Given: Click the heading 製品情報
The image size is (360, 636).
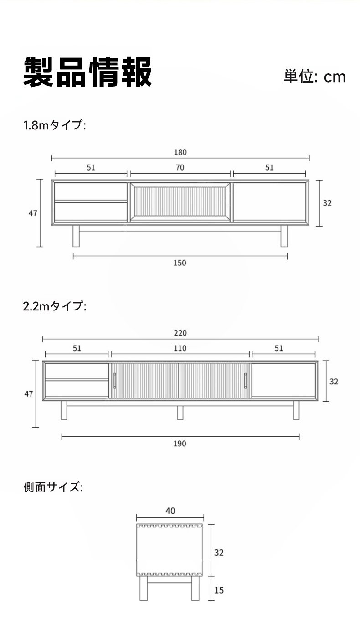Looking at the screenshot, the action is click(87, 72).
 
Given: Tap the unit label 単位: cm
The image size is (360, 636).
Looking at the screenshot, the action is click(314, 77).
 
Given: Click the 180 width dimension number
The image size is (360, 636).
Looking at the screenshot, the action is click(180, 152).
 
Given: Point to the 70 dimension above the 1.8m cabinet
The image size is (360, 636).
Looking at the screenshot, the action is click(180, 167).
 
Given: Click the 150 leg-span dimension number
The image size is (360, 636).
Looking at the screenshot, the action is click(180, 263).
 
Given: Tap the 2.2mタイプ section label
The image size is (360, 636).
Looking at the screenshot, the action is click(55, 306).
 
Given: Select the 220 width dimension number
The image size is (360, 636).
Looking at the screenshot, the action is click(180, 333).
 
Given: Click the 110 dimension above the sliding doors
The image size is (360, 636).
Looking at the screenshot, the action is click(180, 348).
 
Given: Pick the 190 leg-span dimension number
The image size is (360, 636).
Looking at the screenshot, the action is click(180, 444).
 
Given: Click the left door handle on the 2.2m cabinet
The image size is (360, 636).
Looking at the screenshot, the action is click(115, 381).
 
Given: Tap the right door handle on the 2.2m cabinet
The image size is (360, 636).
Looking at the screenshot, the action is click(245, 381).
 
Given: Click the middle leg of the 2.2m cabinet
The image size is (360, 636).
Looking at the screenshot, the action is click(180, 413).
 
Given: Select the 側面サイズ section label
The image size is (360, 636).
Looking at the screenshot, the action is click(53, 487).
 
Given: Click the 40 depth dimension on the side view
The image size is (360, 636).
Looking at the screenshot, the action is click(170, 511).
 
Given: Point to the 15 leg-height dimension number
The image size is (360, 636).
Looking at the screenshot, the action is click(219, 590).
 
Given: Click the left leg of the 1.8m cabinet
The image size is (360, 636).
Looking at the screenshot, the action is click(76, 236).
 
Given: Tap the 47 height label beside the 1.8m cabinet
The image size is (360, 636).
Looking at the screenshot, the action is click(33, 213).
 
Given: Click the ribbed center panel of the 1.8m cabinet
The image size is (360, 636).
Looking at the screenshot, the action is click(180, 202).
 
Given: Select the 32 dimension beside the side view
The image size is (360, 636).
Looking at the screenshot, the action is click(219, 553).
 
